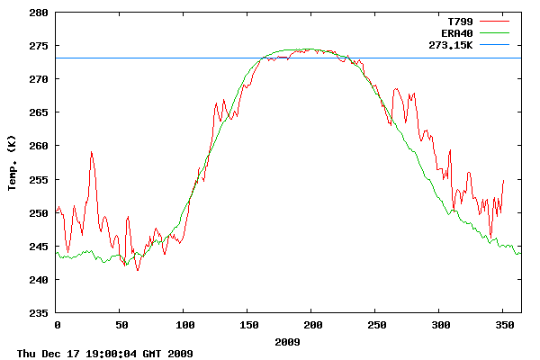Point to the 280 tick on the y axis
(40, 13)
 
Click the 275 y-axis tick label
(40, 47)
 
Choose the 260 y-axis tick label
(40, 146)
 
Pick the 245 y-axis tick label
(40, 247)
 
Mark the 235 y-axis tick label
(40, 313)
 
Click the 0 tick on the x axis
(57, 325)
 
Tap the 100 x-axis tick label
(184, 325)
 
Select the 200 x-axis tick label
(312, 325)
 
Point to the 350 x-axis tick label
(504, 325)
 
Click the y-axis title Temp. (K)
(13, 163)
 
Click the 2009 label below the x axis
(288, 343)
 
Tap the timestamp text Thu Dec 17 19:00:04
(104, 354)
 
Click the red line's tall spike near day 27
(91, 152)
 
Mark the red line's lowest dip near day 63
(138, 270)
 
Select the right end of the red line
(503, 180)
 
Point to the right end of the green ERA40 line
(519, 254)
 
